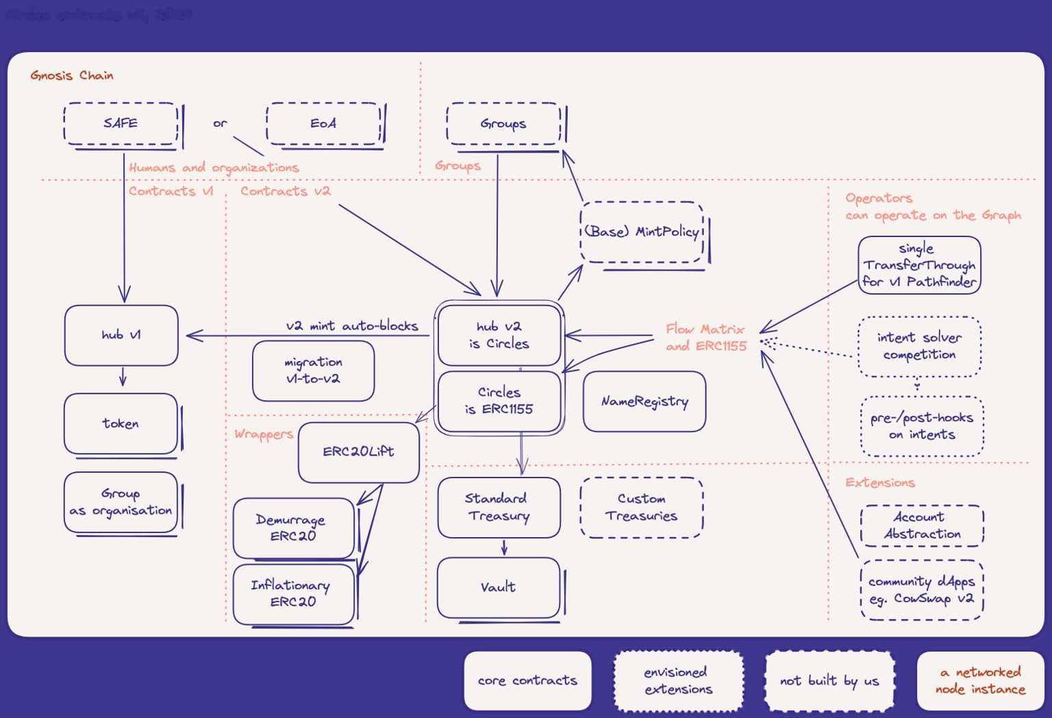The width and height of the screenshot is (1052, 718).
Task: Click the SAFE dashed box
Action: click(121, 123)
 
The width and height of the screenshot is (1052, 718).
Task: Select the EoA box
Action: click(323, 123)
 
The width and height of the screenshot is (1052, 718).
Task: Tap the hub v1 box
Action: click(121, 335)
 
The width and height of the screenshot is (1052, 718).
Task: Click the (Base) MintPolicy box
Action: click(642, 232)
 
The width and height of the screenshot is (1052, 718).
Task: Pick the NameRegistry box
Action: click(644, 401)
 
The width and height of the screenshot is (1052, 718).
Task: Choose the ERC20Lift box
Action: click(358, 451)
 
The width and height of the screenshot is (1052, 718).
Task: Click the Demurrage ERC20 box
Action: click(293, 528)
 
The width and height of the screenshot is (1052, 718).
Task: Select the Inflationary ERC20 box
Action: click(293, 593)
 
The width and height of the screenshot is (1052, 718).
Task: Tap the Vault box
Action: click(498, 587)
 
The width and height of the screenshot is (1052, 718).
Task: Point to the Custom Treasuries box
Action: click(641, 507)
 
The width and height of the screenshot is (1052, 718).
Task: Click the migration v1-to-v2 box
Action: click(313, 370)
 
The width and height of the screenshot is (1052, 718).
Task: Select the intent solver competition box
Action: click(919, 346)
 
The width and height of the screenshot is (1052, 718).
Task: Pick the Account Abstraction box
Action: click(922, 525)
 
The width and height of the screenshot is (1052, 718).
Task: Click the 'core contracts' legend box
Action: click(527, 680)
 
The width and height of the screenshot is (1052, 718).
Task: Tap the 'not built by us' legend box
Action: click(829, 680)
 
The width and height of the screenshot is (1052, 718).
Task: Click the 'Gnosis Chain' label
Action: click(72, 75)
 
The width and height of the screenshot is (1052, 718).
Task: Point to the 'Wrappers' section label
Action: click(264, 434)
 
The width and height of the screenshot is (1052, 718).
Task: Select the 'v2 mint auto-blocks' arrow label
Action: click(352, 326)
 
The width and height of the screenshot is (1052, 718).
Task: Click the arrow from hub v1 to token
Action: click(123, 377)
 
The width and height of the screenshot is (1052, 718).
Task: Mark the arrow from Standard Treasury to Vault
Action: click(504, 547)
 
